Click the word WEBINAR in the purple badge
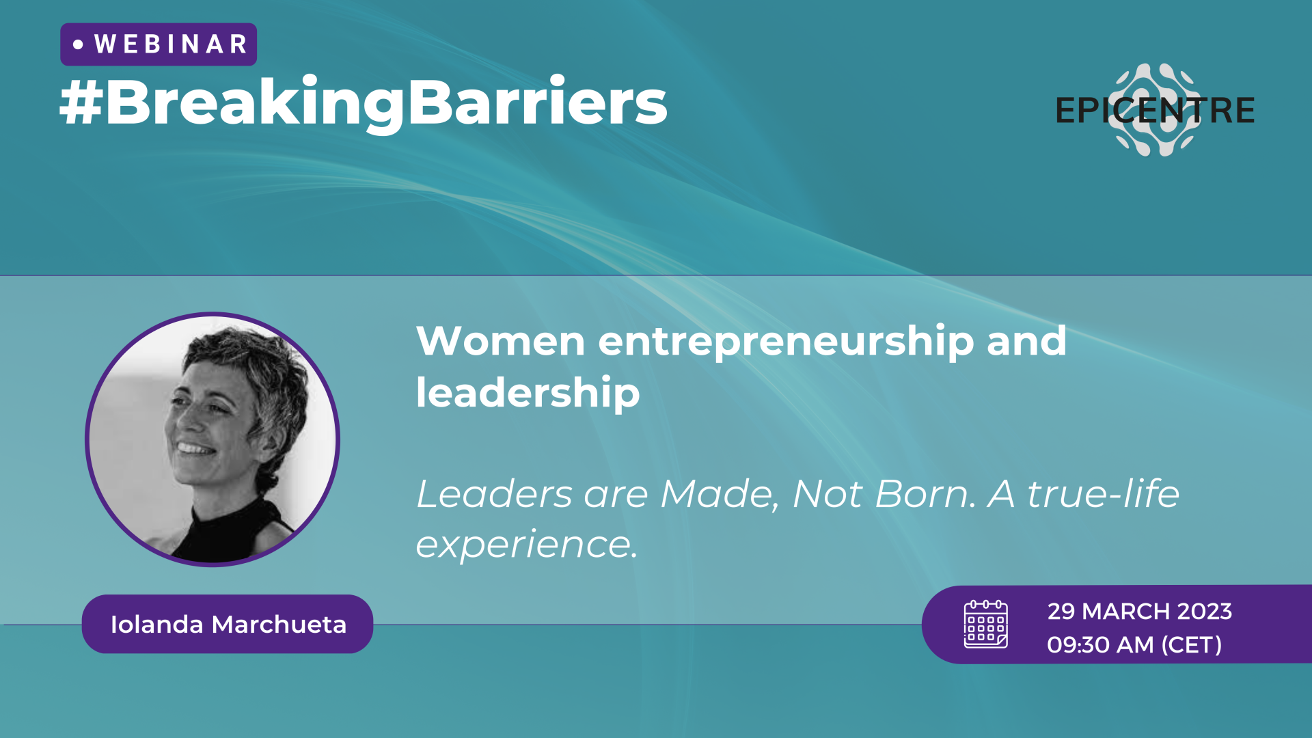(x=170, y=44)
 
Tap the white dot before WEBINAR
(x=78, y=44)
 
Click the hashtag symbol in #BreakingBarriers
(x=81, y=102)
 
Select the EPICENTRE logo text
(x=1155, y=111)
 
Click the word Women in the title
(x=501, y=341)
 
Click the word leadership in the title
(x=528, y=394)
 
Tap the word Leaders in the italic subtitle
(x=494, y=493)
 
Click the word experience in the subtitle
(x=526, y=545)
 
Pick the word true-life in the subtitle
(x=1103, y=493)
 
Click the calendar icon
(x=985, y=624)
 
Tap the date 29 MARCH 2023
(x=1139, y=611)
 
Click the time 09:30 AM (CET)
(x=1134, y=644)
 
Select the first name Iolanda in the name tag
(x=156, y=625)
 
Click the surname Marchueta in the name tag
(x=279, y=625)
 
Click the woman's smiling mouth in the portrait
(x=195, y=449)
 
